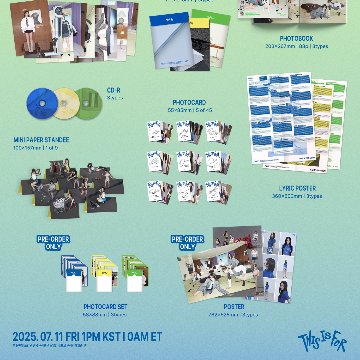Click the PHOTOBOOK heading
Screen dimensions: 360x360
296,39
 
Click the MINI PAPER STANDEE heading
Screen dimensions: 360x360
41,140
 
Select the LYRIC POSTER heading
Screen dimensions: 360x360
297,188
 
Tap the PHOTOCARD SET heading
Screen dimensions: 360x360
105,307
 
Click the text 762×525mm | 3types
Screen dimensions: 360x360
233,315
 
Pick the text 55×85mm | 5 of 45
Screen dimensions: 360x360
189,110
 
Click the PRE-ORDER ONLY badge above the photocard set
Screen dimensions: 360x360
53,243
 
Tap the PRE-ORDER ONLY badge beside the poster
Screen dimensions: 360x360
187,243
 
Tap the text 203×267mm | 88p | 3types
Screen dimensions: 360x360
296,46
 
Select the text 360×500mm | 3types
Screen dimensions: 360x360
297,196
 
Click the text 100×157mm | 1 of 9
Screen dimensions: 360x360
36,148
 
